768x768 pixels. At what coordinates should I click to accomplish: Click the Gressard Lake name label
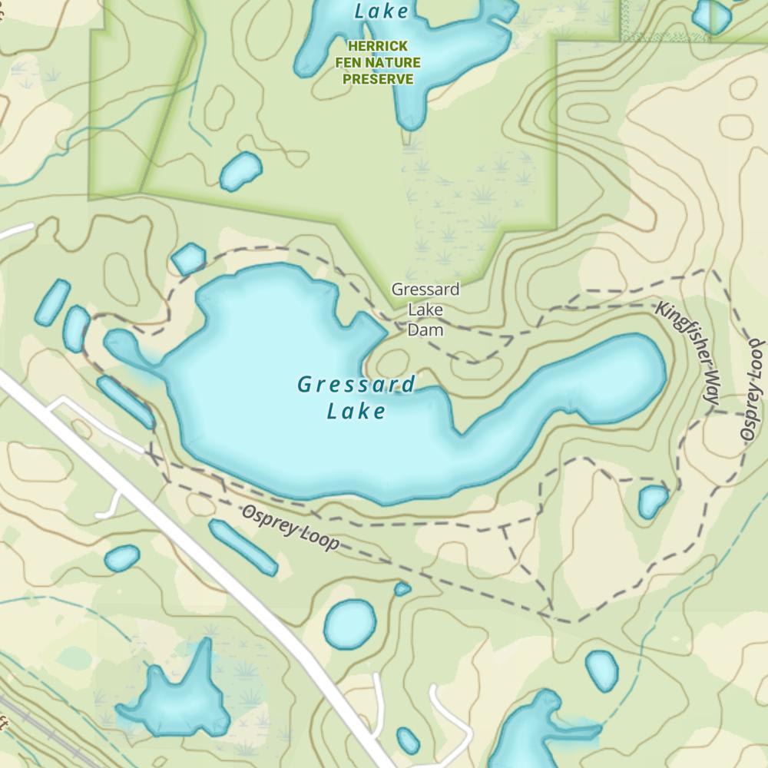356,397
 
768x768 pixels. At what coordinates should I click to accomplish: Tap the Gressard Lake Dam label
425,310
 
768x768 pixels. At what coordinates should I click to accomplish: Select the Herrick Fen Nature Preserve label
377,63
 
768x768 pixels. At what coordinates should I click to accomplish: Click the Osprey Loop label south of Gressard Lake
290,528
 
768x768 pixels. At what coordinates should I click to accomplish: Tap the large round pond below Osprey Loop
350,623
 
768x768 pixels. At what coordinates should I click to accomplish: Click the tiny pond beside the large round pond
402,589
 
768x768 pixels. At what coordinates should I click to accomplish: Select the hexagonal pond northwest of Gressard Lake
188,259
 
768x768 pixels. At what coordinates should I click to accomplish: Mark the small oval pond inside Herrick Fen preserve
240,170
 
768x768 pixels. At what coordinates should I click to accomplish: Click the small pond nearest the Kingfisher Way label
653,501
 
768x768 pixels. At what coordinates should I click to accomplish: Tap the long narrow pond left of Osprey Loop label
242,547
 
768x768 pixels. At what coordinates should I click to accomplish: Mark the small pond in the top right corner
711,15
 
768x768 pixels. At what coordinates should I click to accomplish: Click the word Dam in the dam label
425,329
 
